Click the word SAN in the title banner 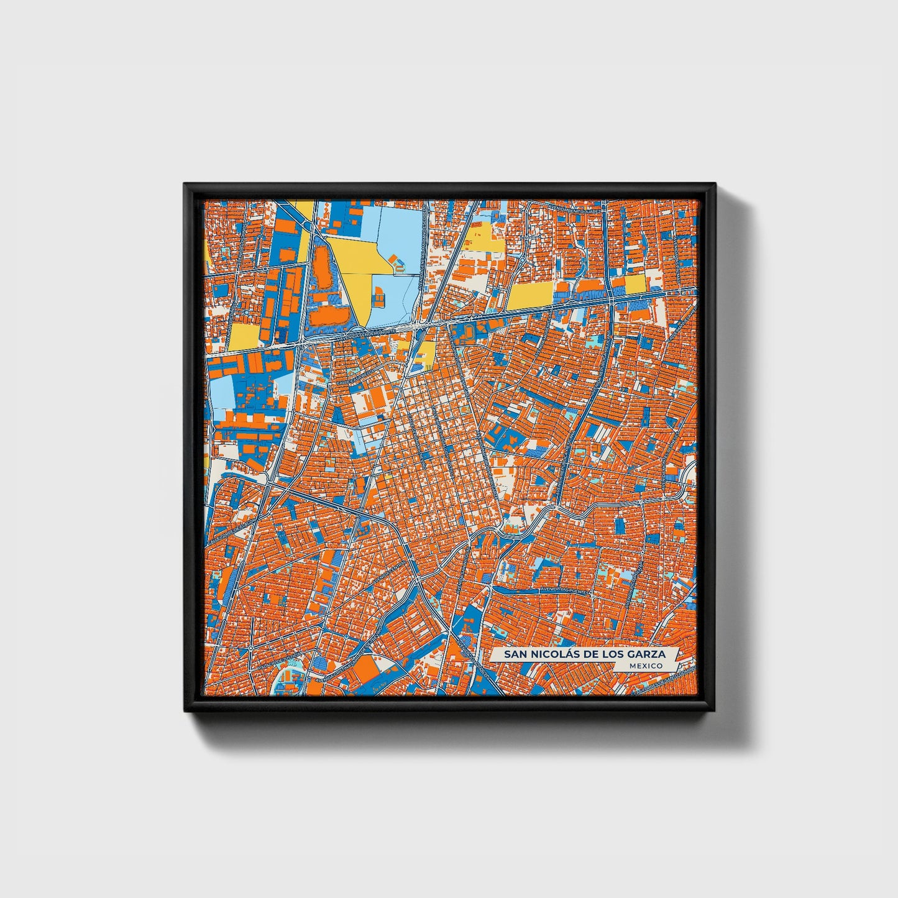(515, 654)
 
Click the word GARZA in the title (649, 654)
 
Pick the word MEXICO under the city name (645, 666)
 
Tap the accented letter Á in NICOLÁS (571, 654)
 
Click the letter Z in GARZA (655, 654)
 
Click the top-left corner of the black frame (185, 184)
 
